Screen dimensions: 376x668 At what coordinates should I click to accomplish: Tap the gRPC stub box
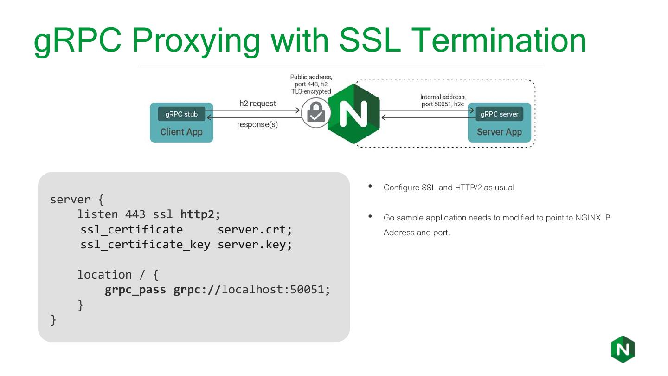pyautogui.click(x=181, y=114)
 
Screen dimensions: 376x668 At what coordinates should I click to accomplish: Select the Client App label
pyautogui.click(x=181, y=132)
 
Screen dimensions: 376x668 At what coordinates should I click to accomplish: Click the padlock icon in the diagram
pyautogui.click(x=315, y=113)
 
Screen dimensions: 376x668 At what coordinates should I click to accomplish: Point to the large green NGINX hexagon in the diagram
pyautogui.click(x=353, y=113)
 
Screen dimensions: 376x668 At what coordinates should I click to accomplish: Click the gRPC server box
pyautogui.click(x=499, y=114)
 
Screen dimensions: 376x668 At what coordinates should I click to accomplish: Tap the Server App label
pyautogui.click(x=499, y=132)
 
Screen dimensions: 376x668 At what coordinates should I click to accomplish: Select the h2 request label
pyautogui.click(x=257, y=104)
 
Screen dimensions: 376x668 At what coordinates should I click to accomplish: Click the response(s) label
pyautogui.click(x=257, y=124)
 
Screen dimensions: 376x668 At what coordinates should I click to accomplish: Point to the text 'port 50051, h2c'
pyautogui.click(x=443, y=104)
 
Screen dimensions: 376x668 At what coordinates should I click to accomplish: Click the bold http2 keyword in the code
pyautogui.click(x=198, y=214)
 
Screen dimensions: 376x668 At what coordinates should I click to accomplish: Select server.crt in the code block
pyautogui.click(x=255, y=230)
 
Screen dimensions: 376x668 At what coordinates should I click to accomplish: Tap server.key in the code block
pyautogui.click(x=255, y=245)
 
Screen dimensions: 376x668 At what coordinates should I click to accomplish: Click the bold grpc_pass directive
pyautogui.click(x=135, y=290)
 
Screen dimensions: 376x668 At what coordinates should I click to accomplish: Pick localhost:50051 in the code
pyautogui.click(x=276, y=290)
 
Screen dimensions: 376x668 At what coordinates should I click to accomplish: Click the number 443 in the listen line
pyautogui.click(x=135, y=214)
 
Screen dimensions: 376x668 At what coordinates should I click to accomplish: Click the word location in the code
pyautogui.click(x=104, y=275)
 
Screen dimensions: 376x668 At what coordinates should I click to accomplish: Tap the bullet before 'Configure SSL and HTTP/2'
pyautogui.click(x=370, y=187)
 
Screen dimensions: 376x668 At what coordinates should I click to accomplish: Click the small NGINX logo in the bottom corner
pyautogui.click(x=623, y=349)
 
